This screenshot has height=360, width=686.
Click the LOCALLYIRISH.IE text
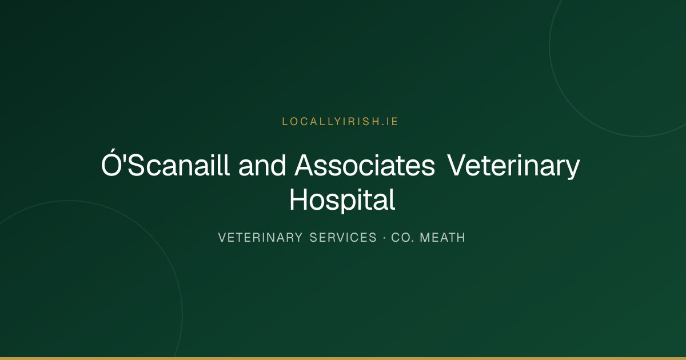pyautogui.click(x=340, y=122)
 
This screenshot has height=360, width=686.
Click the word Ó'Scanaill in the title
pyautogui.click(x=165, y=163)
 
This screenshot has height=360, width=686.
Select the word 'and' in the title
pyautogui.click(x=262, y=165)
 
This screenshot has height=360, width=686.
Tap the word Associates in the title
pyautogui.click(x=365, y=165)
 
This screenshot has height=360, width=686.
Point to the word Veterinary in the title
pyautogui.click(x=513, y=167)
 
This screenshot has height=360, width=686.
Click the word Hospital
pyautogui.click(x=342, y=201)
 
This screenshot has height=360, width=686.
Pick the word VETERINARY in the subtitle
pyautogui.click(x=260, y=238)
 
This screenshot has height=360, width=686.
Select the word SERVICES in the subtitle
pyautogui.click(x=343, y=238)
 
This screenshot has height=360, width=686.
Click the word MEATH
pyautogui.click(x=442, y=238)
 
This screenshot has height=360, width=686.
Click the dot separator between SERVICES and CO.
pyautogui.click(x=384, y=238)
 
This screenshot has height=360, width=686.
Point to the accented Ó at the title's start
pyautogui.click(x=111, y=163)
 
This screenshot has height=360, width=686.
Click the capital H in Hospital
pyautogui.click(x=298, y=199)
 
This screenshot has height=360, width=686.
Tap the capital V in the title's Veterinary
pyautogui.click(x=457, y=165)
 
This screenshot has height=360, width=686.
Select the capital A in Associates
pyautogui.click(x=305, y=165)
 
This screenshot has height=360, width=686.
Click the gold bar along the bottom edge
pyautogui.click(x=343, y=358)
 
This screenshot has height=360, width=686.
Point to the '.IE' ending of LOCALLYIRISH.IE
pyautogui.click(x=390, y=122)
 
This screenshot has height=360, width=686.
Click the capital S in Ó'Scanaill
pyautogui.click(x=136, y=165)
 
